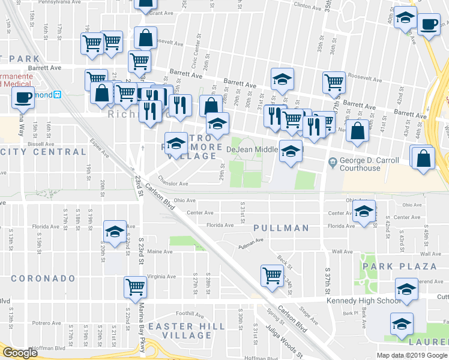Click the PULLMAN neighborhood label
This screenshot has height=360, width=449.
coord(281,228)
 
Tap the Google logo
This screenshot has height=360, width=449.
coord(20,353)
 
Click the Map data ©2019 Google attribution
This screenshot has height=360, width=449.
coord(412,355)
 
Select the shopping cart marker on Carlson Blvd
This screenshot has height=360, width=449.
coord(272,275)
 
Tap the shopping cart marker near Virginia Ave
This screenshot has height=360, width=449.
coord(135,287)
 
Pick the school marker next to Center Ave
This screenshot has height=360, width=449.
coord(364,211)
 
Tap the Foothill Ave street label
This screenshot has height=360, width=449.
coord(182,313)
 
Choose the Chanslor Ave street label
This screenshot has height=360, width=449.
coord(173,177)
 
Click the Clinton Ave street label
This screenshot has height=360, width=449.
coord(307,6)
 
